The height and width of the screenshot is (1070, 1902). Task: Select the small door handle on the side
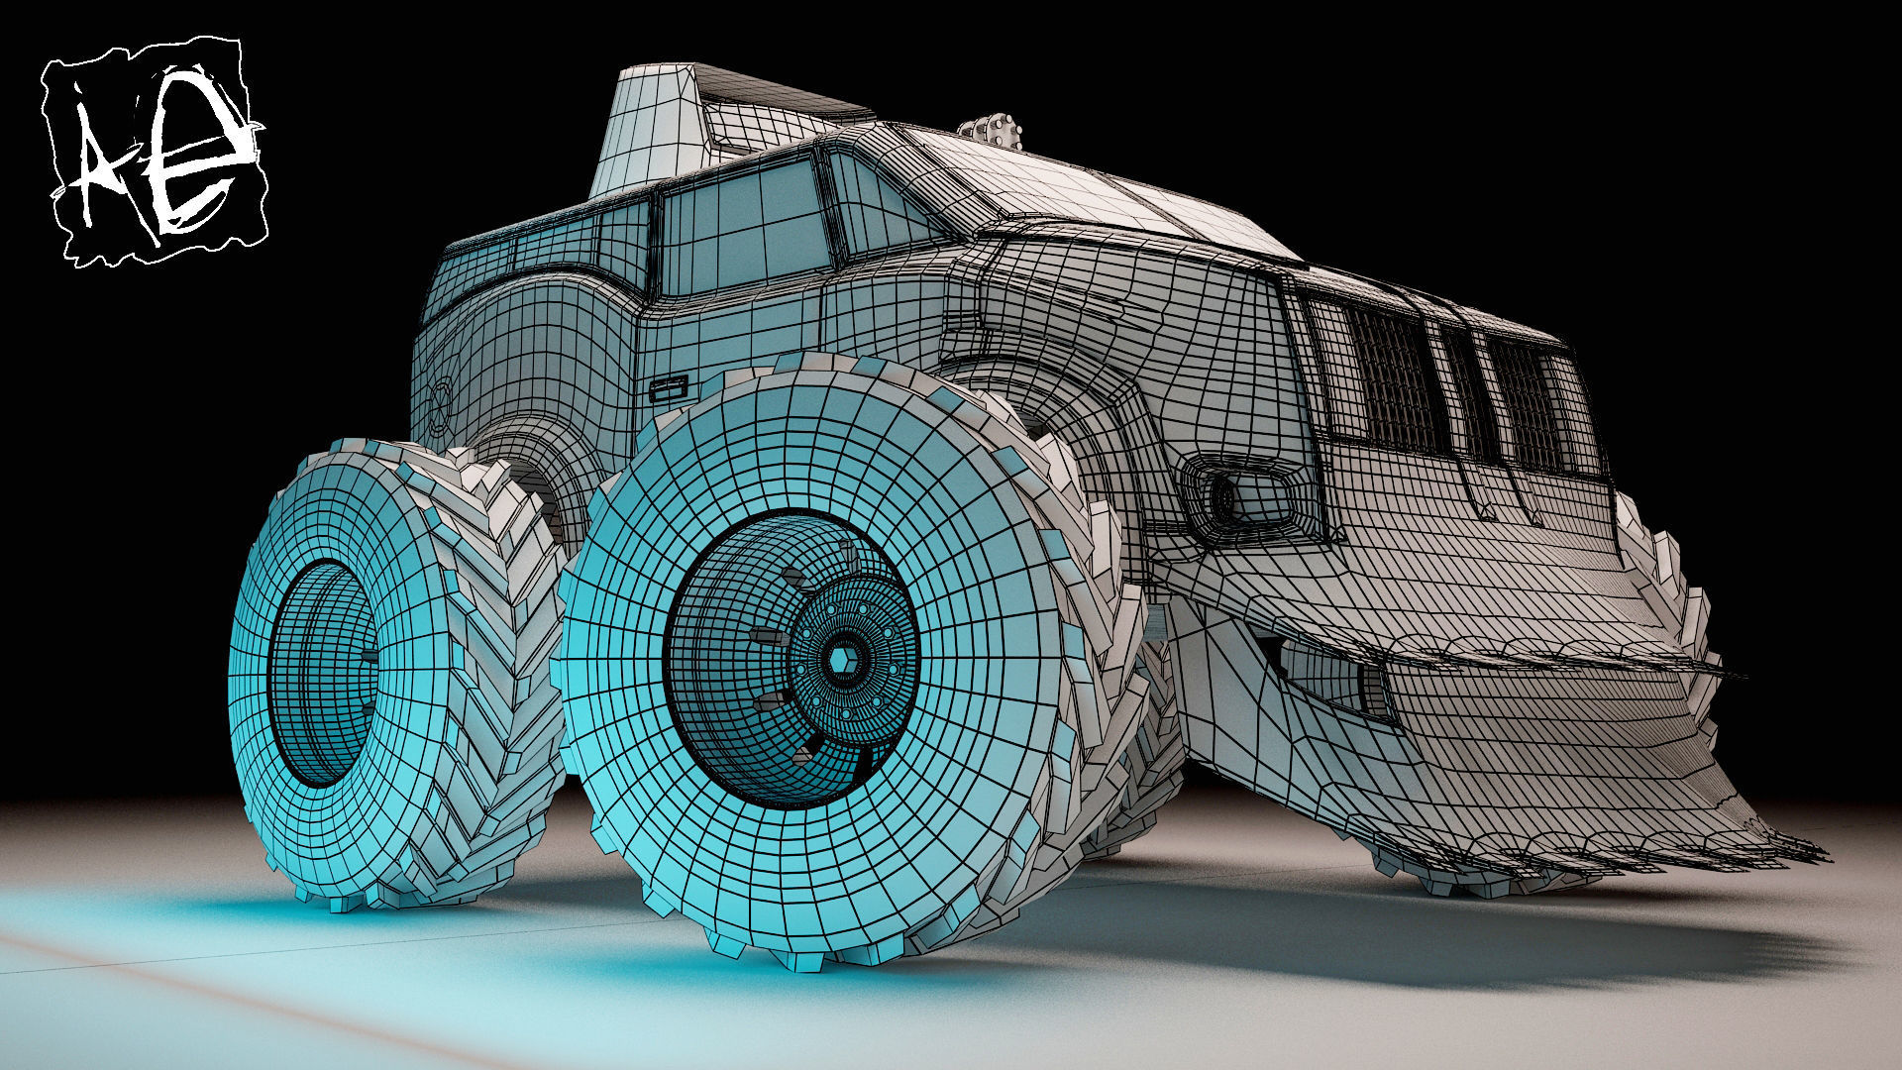pos(671,387)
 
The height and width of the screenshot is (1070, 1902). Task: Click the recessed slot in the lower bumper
pos(1327,674)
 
